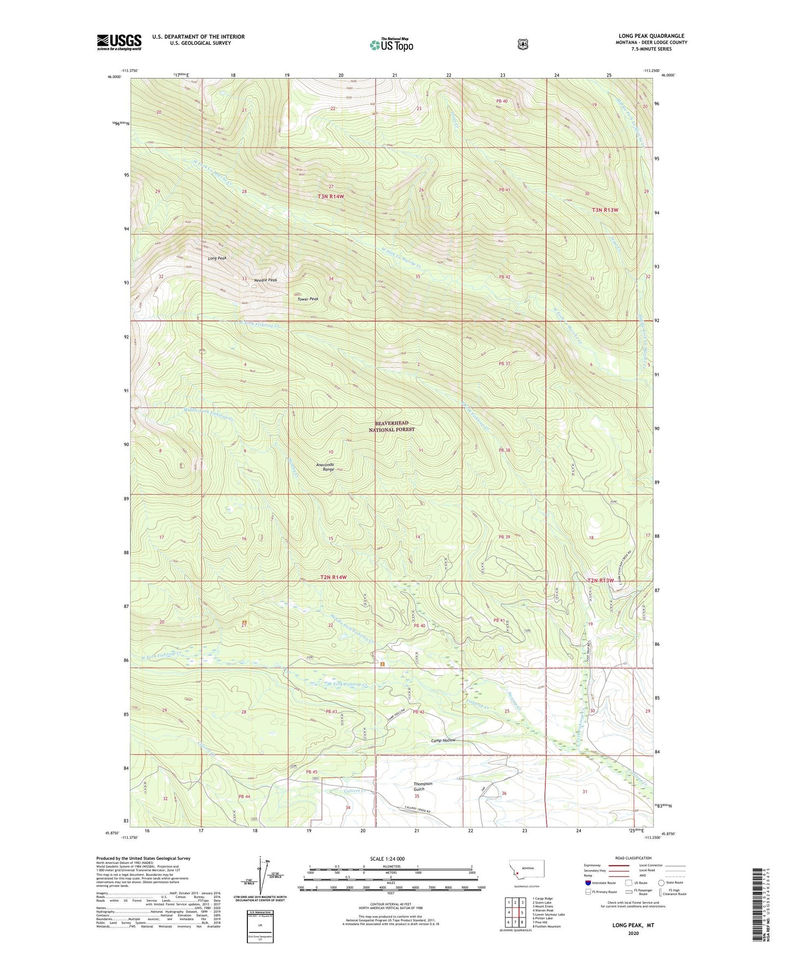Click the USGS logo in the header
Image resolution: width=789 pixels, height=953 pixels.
point(119,42)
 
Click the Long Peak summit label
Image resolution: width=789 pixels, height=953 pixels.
point(217,258)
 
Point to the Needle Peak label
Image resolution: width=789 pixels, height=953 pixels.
point(266,280)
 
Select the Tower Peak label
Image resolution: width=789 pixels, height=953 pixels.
point(307,299)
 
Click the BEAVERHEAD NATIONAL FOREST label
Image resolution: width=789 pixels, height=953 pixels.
point(391,426)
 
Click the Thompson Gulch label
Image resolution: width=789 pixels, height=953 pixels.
point(423,787)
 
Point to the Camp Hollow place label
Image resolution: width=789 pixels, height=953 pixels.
point(443,740)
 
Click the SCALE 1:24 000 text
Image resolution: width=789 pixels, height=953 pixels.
point(390,859)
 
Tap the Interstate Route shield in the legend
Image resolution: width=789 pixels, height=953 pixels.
point(588,883)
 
